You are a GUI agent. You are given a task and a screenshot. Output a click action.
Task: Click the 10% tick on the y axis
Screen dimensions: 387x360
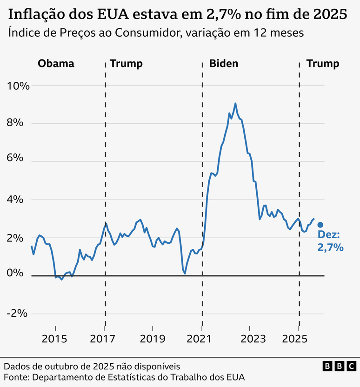coord(18,86)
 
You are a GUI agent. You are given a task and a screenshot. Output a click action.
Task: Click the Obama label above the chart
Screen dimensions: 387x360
coord(56,64)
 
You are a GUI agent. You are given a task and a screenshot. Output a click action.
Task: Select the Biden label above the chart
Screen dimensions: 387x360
coord(224,64)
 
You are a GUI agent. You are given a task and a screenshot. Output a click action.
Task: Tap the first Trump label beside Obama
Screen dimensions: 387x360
coord(126,64)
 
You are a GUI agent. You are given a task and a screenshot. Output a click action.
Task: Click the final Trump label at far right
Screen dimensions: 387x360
coord(323,64)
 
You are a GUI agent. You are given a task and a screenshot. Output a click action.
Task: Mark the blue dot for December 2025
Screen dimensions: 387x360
coord(320,225)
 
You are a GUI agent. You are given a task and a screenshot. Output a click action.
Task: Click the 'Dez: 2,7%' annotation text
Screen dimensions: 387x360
coord(330,242)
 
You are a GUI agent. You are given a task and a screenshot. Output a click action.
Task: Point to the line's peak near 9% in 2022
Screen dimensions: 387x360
coord(235,103)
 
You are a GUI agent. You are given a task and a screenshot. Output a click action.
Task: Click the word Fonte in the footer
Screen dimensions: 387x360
coord(16,376)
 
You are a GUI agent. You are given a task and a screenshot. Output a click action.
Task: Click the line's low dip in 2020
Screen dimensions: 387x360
coord(185,273)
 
